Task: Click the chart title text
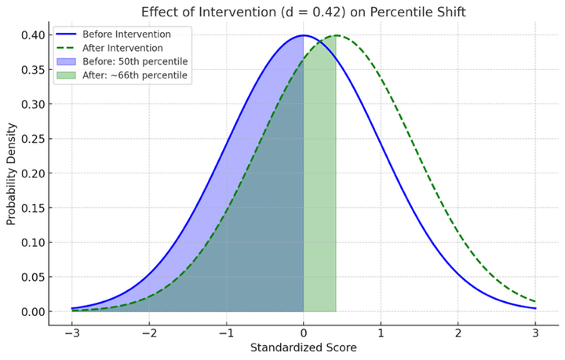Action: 304,12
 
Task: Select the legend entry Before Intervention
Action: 126,35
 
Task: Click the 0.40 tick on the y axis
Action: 33,35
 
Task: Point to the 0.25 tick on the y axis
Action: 33,139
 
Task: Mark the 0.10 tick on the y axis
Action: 33,242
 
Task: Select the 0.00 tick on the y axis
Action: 33,311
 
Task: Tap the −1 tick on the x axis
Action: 226,333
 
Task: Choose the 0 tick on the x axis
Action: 304,333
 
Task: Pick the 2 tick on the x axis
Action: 458,333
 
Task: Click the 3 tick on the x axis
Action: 535,333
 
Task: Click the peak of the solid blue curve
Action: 304,35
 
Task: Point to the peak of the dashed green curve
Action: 336,35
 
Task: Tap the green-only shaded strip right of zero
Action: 320,196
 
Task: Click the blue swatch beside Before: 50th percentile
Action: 65,62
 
